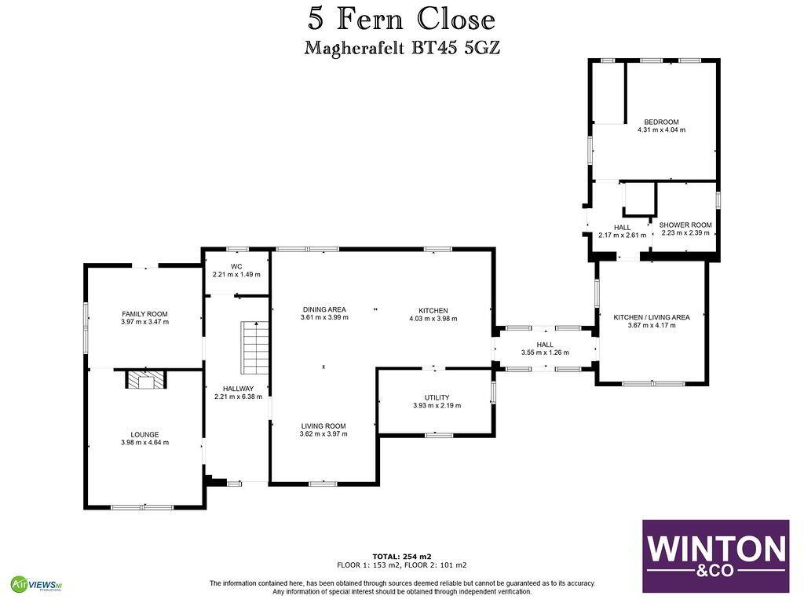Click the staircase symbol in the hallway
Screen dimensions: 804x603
255,348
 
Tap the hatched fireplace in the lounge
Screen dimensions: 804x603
146,380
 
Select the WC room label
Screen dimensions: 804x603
236,267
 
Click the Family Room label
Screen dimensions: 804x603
144,314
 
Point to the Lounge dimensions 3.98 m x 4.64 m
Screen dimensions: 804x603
144,443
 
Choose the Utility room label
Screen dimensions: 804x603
437,397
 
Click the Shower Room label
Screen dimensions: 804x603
685,225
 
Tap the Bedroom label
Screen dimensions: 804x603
661,122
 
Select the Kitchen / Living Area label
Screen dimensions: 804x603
652,317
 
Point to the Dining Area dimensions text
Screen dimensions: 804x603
324,317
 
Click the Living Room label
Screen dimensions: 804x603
323,426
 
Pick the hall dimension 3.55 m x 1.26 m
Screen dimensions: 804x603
545,353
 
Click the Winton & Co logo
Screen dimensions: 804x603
716,557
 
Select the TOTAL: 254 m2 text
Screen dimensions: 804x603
402,557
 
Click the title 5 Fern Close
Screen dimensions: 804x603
401,20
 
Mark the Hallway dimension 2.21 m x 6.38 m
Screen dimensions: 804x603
238,397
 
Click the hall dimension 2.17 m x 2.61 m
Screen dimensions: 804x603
623,236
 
